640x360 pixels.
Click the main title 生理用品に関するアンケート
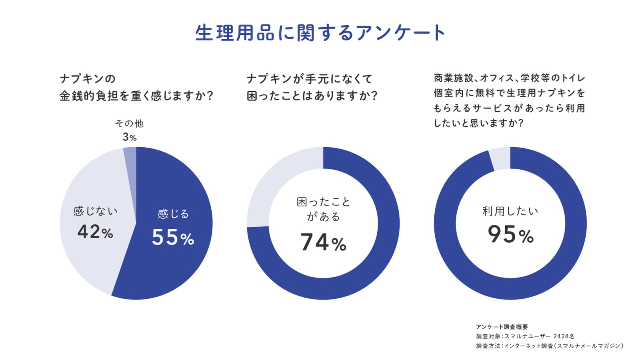point(320,33)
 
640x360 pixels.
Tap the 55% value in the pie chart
point(173,237)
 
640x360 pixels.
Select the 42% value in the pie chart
point(95,232)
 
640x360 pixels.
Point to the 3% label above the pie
point(130,137)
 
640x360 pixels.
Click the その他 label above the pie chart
point(130,124)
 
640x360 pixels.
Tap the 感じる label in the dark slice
point(173,214)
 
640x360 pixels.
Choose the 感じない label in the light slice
point(95,211)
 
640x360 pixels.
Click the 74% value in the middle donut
point(323,242)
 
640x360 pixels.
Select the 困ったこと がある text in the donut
point(323,209)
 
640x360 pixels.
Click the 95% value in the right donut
point(510,234)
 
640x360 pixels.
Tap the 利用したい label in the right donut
point(510,211)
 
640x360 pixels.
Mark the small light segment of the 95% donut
point(500,158)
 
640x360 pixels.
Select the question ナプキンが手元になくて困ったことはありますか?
point(312,88)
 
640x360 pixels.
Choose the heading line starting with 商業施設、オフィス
point(510,78)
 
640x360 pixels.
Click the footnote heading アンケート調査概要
point(502,327)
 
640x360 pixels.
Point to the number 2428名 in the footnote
point(564,336)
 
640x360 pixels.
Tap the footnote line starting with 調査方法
point(550,346)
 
